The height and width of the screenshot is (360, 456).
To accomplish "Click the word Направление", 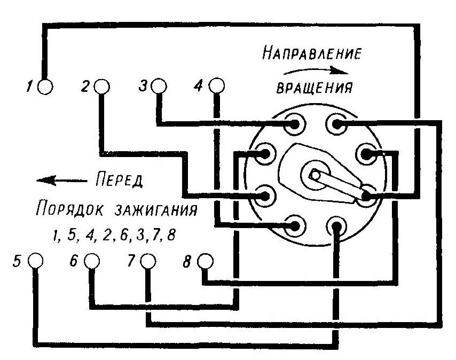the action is click(x=312, y=53).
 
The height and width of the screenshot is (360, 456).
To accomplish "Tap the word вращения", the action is click(x=315, y=87).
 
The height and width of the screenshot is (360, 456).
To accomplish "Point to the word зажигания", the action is click(x=156, y=209).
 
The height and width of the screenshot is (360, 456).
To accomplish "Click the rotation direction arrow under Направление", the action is click(x=316, y=71).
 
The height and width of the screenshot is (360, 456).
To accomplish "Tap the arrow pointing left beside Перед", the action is click(x=61, y=181).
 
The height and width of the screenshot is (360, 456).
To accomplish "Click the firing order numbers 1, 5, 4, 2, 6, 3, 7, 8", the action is click(x=115, y=235).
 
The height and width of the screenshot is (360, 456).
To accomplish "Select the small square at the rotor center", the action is click(x=315, y=175).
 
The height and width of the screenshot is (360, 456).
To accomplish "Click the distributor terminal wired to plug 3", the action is click(x=295, y=124).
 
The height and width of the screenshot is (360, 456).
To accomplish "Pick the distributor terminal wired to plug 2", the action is click(x=265, y=195).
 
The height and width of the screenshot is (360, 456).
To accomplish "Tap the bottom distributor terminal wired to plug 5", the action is click(x=336, y=225).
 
